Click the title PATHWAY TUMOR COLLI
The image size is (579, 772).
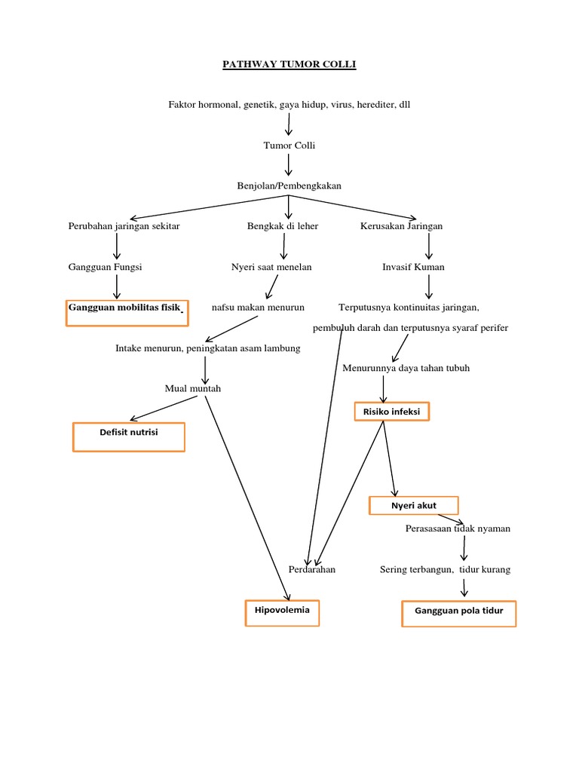pyautogui.click(x=289, y=65)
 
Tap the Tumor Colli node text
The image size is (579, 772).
pyautogui.click(x=289, y=146)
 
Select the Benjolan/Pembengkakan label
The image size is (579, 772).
pyautogui.click(x=289, y=185)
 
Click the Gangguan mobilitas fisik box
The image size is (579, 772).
pyautogui.click(x=127, y=312)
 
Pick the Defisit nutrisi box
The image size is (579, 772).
pyautogui.click(x=129, y=437)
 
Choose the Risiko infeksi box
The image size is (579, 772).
pyautogui.click(x=392, y=412)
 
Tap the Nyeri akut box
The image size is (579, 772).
pyautogui.click(x=413, y=505)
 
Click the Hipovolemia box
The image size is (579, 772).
pyautogui.click(x=282, y=612)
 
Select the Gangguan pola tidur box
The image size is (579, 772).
pyautogui.click(x=458, y=613)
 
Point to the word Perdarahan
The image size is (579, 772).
pyautogui.click(x=311, y=570)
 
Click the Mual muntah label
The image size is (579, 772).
pyautogui.click(x=193, y=388)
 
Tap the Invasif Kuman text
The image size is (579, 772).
pyautogui.click(x=413, y=267)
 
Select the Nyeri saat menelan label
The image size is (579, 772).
pyautogui.click(x=271, y=267)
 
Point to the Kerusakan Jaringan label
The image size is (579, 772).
pyautogui.click(x=401, y=226)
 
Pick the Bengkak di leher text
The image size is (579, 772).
pyautogui.click(x=283, y=226)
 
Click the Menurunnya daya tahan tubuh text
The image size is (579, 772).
pyautogui.click(x=406, y=368)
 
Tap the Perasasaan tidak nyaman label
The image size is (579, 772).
pyautogui.click(x=458, y=528)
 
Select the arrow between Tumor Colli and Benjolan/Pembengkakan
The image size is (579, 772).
pyautogui.click(x=289, y=165)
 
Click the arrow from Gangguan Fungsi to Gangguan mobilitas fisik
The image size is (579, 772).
pyautogui.click(x=116, y=286)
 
